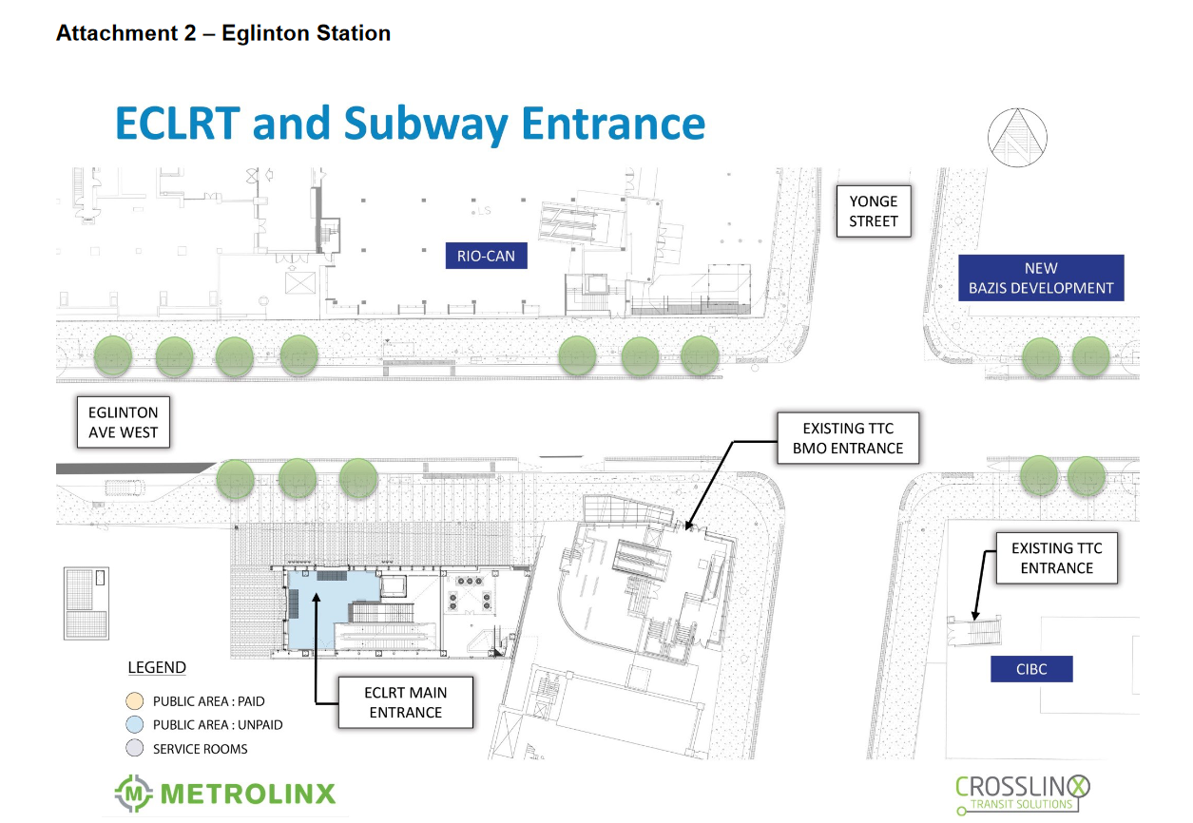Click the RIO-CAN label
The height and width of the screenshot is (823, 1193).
[486, 256]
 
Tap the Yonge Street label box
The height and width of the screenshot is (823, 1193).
[874, 211]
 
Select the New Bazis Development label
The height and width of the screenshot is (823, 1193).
[1041, 278]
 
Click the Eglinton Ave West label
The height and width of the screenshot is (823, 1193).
[123, 422]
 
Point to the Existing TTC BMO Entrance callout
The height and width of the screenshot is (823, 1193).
[848, 438]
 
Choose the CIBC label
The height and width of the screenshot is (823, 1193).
[1031, 669]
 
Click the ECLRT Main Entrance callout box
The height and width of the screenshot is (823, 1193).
[405, 702]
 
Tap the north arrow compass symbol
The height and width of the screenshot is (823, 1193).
[1017, 138]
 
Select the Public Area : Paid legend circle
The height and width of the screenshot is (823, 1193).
[135, 700]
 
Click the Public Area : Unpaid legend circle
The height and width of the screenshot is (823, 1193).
[135, 724]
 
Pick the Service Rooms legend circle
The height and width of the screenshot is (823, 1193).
[135, 748]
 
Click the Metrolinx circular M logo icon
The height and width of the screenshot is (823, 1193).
[134, 794]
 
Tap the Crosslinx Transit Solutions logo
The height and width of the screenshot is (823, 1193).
[1022, 794]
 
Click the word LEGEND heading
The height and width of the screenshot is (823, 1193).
[157, 667]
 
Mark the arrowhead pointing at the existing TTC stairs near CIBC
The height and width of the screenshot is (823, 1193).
[975, 616]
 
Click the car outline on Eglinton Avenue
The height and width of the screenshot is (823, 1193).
[125, 488]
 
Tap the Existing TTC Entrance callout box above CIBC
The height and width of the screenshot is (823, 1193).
[1057, 558]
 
